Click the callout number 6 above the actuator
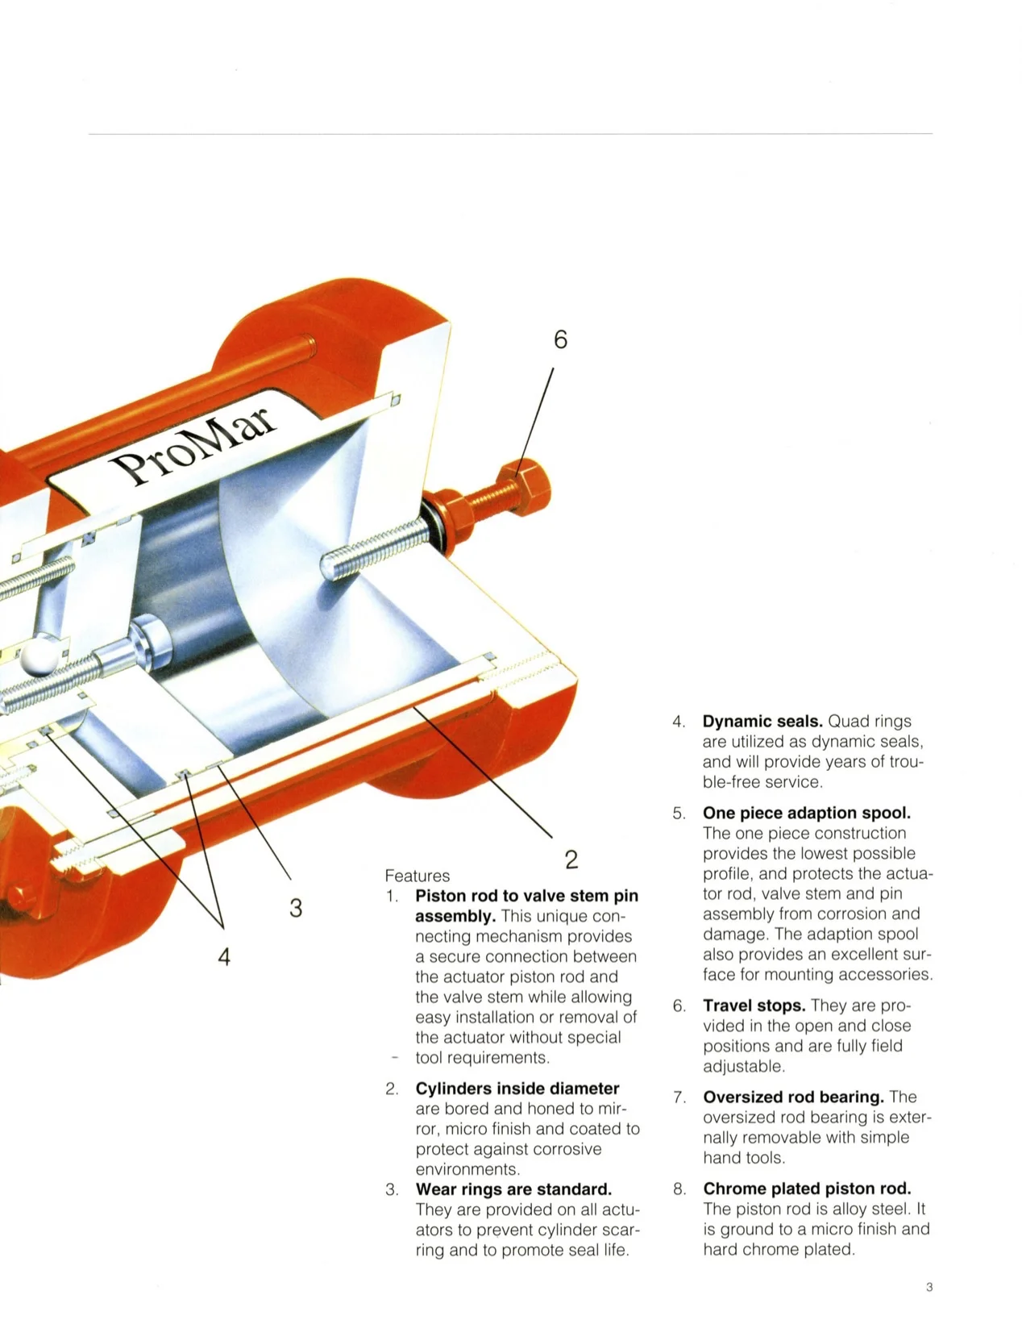(560, 340)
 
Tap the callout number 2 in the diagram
(571, 860)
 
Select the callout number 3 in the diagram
(296, 908)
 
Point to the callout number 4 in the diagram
(224, 957)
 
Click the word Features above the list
(417, 876)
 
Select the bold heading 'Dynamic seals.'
(762, 722)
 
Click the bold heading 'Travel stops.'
(754, 1005)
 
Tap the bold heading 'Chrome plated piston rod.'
(807, 1189)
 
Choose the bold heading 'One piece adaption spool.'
(806, 813)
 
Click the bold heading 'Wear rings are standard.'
(513, 1189)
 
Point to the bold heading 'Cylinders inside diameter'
(517, 1089)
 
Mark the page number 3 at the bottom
(929, 1288)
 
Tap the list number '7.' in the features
(679, 1097)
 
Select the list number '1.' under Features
(392, 896)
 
